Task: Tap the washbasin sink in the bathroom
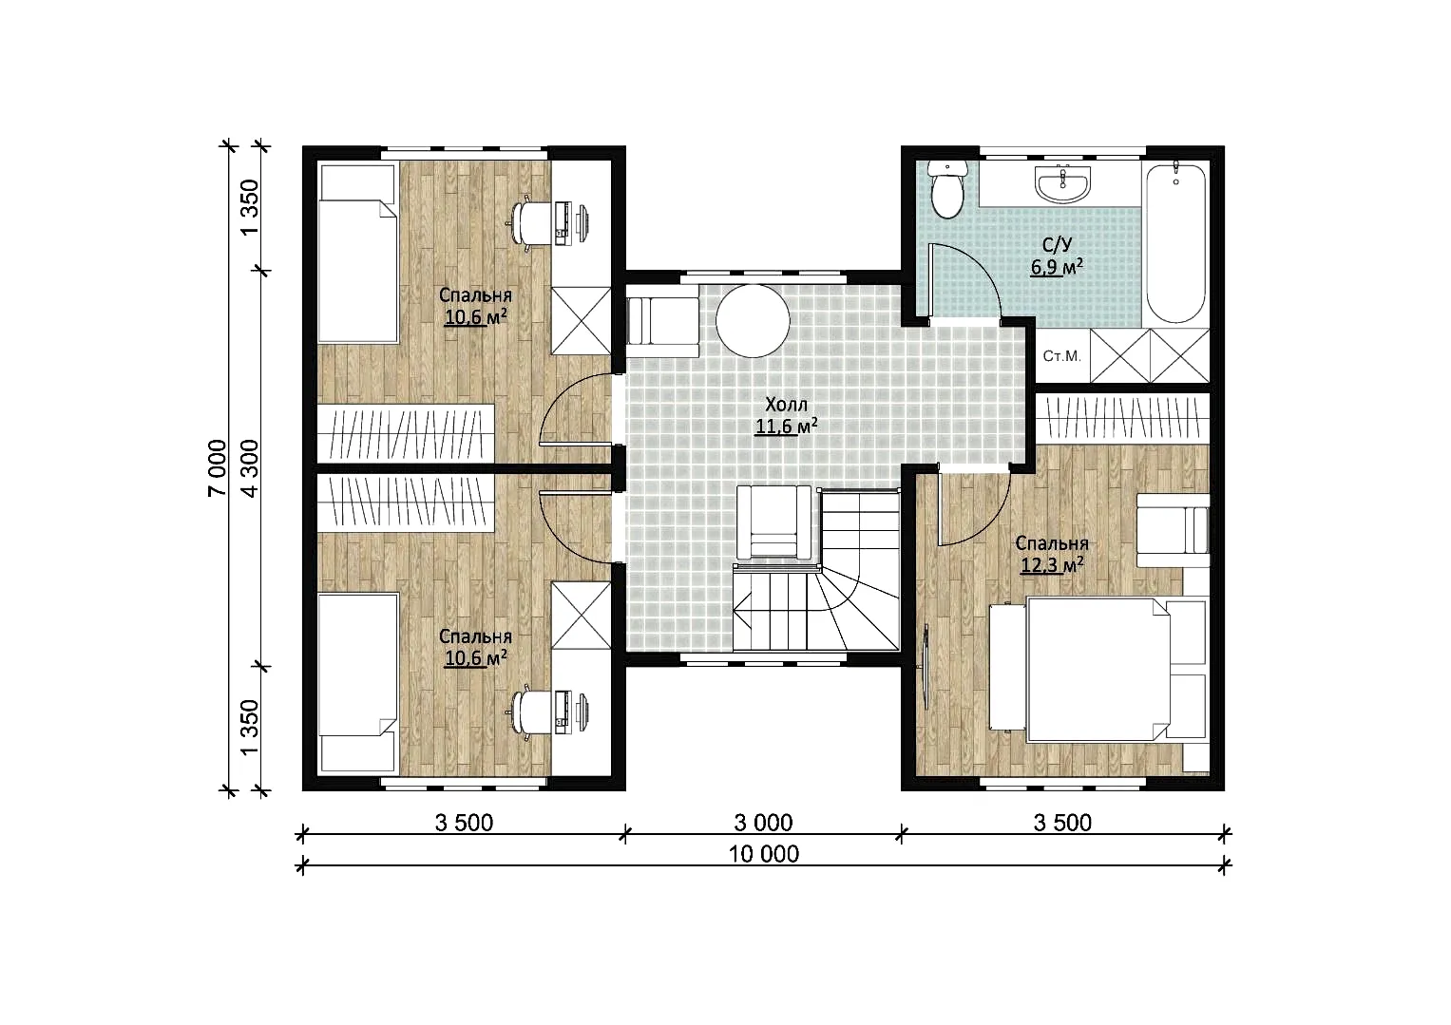click(x=1063, y=184)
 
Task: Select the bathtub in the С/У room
click(x=1176, y=243)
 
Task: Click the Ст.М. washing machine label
click(x=1061, y=356)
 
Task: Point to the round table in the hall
click(x=753, y=320)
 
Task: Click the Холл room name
click(x=787, y=405)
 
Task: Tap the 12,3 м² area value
click(x=1052, y=564)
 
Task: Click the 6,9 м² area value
click(x=1057, y=266)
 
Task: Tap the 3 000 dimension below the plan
click(x=763, y=823)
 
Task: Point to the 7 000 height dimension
click(x=218, y=467)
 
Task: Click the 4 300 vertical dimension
click(x=249, y=467)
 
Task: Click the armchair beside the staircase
click(x=774, y=522)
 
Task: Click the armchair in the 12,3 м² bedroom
click(x=1174, y=531)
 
